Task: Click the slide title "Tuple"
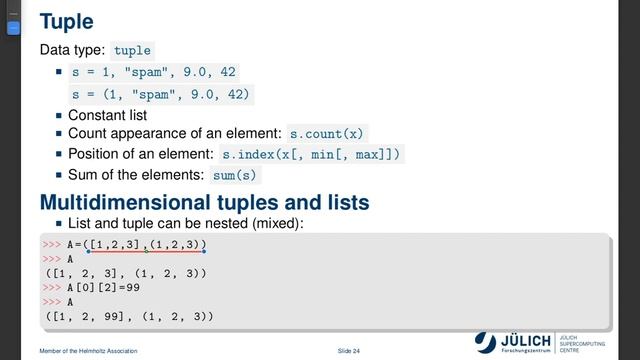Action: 66,20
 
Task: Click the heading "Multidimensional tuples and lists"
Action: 204,201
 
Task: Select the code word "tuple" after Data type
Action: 133,50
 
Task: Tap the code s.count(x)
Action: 327,132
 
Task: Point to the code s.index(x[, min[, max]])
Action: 312,154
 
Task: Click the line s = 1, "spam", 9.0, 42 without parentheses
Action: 153,72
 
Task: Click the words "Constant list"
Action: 107,114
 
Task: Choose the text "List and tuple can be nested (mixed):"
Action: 185,222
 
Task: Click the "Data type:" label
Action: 72,50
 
